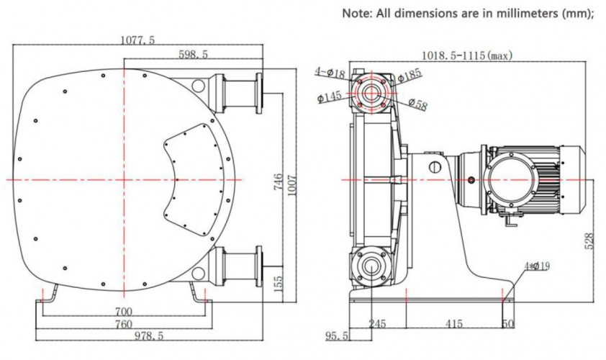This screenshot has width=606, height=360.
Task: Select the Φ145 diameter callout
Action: tap(329, 97)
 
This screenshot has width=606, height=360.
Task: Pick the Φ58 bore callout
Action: tap(418, 104)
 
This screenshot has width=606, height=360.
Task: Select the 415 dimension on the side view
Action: tap(453, 325)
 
